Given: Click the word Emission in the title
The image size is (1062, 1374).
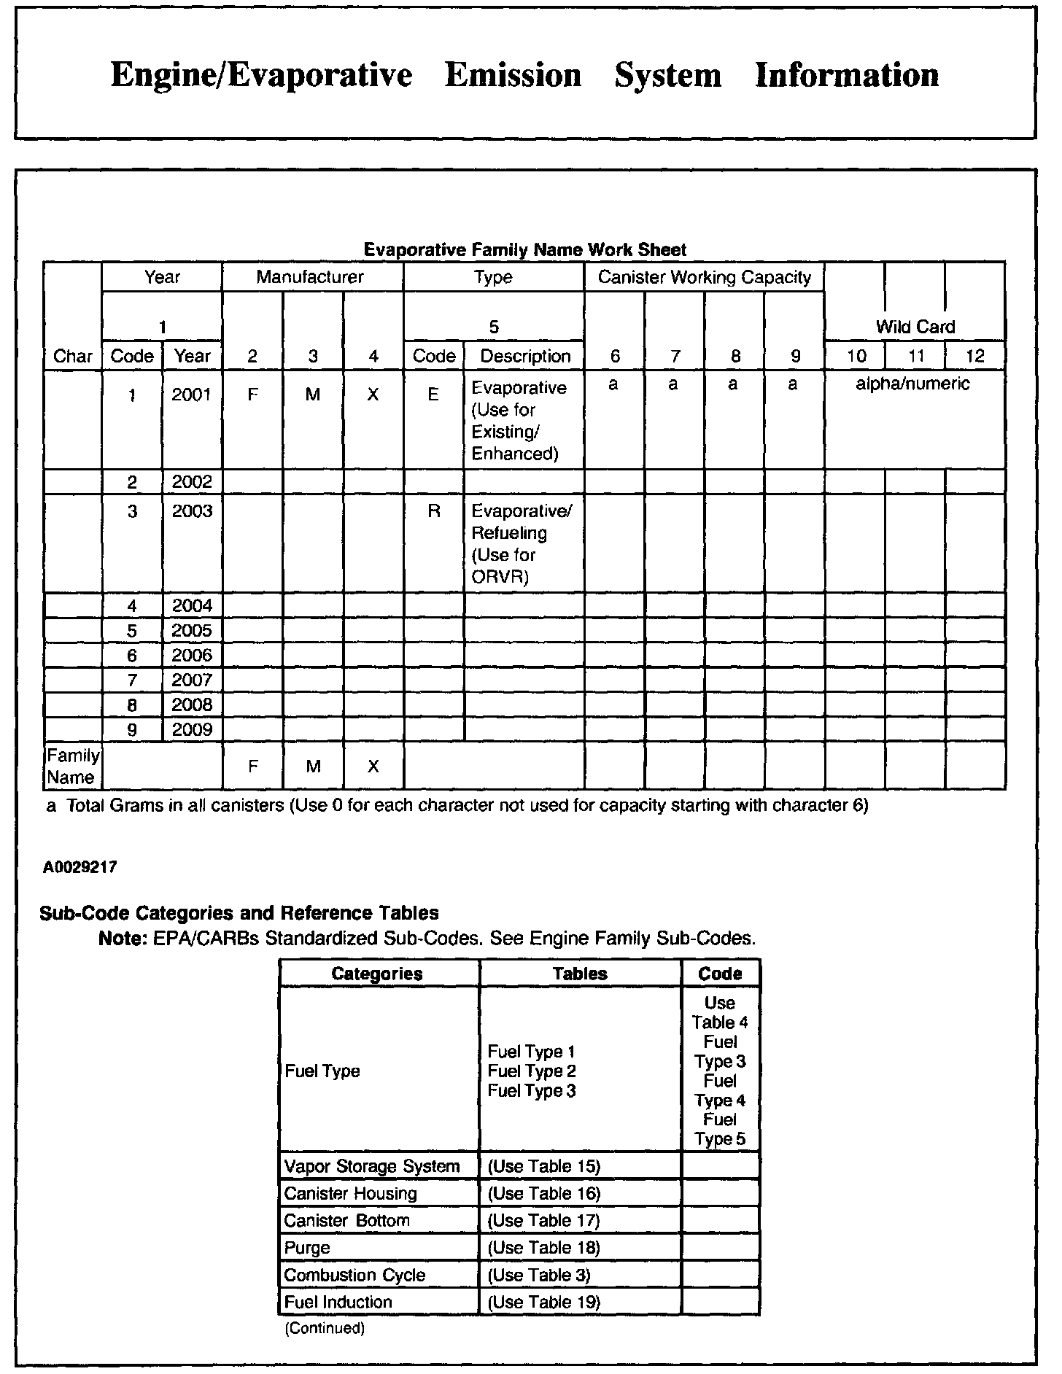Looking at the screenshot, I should [x=513, y=75].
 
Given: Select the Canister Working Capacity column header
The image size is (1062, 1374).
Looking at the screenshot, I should [x=704, y=277].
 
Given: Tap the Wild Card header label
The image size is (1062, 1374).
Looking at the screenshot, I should [x=915, y=327].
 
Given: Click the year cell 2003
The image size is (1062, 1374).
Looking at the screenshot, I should [x=192, y=511].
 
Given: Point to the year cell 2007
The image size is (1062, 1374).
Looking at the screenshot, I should [x=192, y=680].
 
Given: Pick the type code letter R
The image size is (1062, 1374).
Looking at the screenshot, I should [x=434, y=511].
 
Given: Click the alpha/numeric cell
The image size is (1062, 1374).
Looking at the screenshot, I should [x=912, y=384].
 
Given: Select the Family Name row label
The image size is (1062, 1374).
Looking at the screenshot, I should [x=72, y=766].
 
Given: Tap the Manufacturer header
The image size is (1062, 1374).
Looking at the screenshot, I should [x=310, y=277].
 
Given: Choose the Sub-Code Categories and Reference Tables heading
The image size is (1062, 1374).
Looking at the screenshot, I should [x=239, y=913].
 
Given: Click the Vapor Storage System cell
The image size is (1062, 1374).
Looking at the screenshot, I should [x=372, y=1167].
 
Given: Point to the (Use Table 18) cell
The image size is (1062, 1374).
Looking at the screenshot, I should [x=543, y=1248].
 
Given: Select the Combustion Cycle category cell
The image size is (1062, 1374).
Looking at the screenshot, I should [x=354, y=1275].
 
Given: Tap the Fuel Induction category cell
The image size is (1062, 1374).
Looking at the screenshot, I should [x=338, y=1302].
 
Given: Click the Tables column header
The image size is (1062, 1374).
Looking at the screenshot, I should [x=580, y=974].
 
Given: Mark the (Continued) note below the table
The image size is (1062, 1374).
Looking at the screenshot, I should [x=324, y=1328].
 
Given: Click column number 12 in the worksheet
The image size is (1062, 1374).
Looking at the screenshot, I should [x=974, y=357].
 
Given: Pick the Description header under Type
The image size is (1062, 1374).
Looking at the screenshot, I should [x=525, y=357].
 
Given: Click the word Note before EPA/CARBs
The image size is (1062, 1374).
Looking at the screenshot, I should [x=119, y=938].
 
